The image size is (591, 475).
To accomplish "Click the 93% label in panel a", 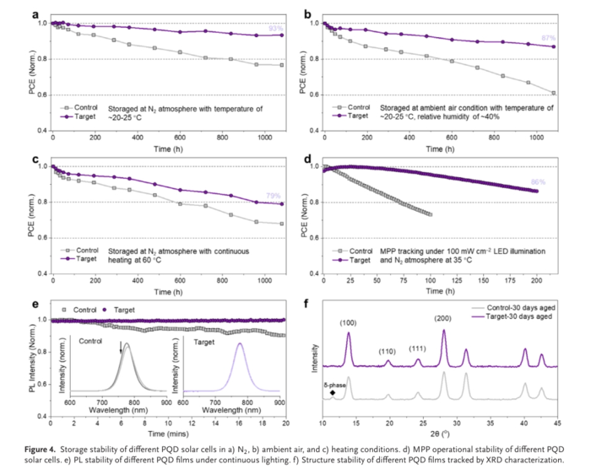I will pyautogui.click(x=275, y=30).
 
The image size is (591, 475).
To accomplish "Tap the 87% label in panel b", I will pyautogui.click(x=549, y=39).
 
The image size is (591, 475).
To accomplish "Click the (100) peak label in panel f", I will pyautogui.click(x=348, y=321).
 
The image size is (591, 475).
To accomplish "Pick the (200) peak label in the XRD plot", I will pyautogui.click(x=444, y=318).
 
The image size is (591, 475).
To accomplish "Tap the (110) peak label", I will pyautogui.click(x=388, y=351).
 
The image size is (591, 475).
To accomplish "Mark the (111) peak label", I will pyautogui.click(x=417, y=349).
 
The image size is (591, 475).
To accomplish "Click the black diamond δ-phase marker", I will pyautogui.click(x=333, y=392).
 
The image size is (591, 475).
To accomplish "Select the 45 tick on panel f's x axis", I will pyautogui.click(x=558, y=425).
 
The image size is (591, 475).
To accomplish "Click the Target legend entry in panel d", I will pyautogui.click(x=359, y=261).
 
